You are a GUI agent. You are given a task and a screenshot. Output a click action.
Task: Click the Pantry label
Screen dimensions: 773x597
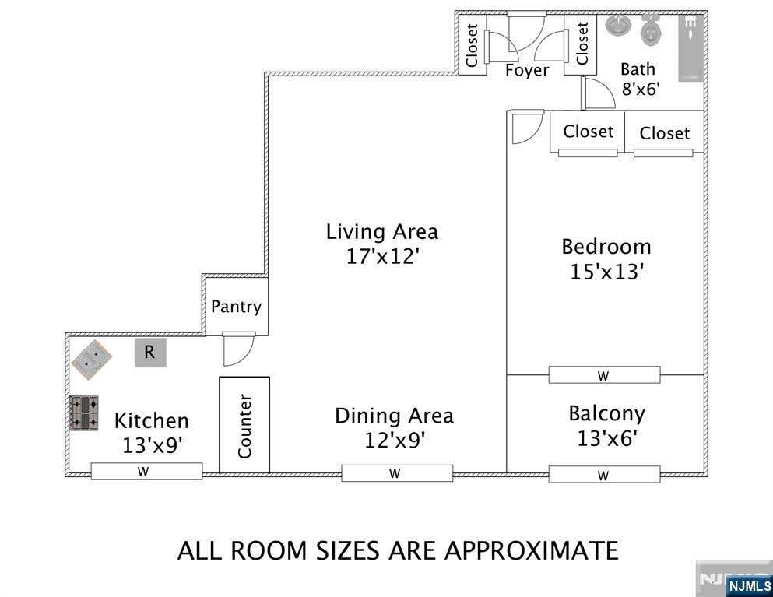(236, 307)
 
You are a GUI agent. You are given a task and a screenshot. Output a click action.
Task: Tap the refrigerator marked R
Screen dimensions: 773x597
(150, 353)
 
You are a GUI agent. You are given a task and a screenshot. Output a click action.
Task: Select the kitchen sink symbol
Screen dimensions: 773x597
(91, 360)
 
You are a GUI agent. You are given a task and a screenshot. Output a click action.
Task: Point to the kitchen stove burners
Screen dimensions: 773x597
(83, 413)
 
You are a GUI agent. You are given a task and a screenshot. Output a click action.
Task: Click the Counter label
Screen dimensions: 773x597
(244, 426)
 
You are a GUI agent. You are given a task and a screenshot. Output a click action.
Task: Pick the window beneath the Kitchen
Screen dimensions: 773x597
(147, 471)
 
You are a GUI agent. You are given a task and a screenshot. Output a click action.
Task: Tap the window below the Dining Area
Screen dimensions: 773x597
(397, 473)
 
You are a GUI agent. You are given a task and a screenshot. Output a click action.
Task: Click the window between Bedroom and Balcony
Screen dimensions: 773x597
(604, 375)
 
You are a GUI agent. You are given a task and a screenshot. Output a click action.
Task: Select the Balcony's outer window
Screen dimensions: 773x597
(604, 475)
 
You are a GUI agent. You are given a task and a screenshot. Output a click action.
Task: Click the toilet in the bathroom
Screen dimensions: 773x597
(652, 30)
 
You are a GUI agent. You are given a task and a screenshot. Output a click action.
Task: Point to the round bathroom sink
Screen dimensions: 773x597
(618, 25)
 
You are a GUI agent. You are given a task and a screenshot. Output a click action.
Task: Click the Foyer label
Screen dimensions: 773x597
(527, 71)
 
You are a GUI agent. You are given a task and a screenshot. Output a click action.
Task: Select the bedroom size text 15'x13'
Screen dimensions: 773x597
(607, 272)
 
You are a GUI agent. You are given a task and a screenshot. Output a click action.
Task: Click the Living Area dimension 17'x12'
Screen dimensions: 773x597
(382, 256)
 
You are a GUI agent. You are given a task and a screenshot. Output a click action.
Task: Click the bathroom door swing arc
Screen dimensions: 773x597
(598, 93)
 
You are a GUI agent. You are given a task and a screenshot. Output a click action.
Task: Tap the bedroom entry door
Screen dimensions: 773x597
(528, 127)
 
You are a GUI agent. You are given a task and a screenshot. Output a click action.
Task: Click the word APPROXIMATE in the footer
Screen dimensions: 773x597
(532, 550)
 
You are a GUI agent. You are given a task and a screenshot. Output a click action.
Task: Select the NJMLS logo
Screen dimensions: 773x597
(749, 586)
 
